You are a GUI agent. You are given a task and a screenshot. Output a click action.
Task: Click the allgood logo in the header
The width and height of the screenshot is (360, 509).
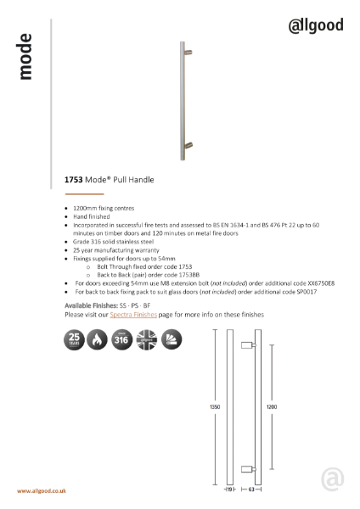pos(316,25)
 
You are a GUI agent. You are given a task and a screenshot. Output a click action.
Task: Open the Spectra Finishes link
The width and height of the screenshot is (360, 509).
pos(133,315)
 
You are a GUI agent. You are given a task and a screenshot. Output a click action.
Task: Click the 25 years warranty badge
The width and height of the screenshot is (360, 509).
pos(76,341)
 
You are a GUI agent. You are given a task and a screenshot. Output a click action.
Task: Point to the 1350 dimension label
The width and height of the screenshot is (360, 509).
pos(215,408)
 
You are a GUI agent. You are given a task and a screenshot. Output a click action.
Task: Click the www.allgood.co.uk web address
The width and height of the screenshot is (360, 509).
pos(42,491)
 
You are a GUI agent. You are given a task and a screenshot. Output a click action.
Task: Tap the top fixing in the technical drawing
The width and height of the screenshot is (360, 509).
pos(250,345)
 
